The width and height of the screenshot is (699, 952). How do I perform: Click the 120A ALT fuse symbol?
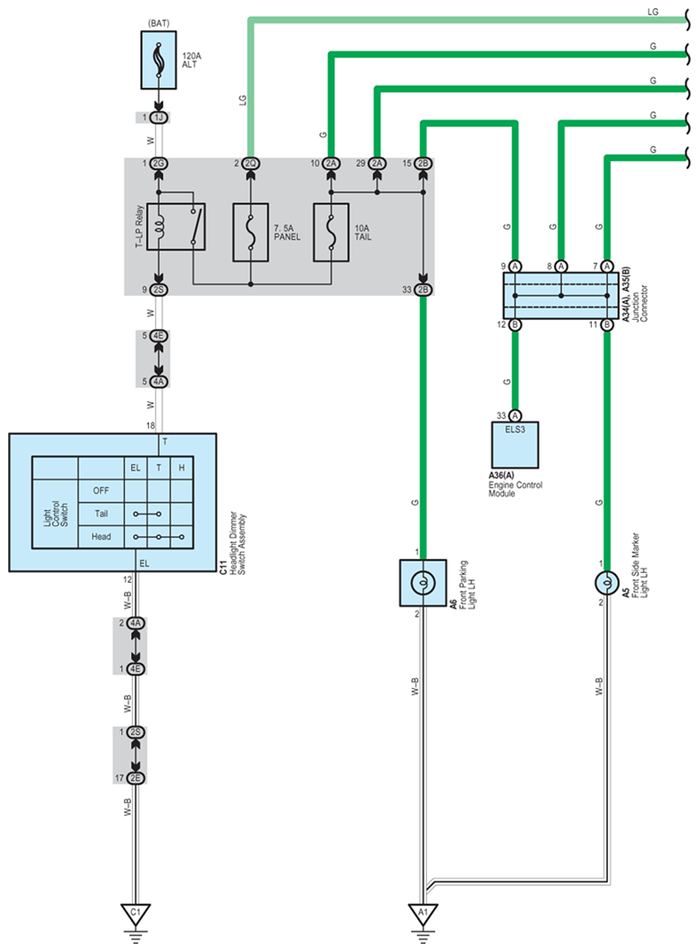[159, 60]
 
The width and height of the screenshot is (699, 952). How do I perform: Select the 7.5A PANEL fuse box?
[251, 233]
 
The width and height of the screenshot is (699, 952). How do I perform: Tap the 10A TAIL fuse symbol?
[331, 233]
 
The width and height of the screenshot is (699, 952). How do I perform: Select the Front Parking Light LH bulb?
[423, 583]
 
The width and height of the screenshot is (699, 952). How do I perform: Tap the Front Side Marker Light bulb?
[606, 583]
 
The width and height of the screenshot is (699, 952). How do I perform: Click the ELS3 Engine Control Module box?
[515, 445]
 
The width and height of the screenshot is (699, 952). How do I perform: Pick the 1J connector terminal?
[159, 117]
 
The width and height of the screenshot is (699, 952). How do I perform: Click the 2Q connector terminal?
[251, 163]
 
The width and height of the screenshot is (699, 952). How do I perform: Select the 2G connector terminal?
[159, 163]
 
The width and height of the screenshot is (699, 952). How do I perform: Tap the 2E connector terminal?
[136, 778]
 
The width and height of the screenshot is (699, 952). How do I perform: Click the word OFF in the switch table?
[101, 490]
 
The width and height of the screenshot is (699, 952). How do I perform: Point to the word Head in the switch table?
[101, 537]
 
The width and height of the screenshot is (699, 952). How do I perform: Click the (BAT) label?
[159, 23]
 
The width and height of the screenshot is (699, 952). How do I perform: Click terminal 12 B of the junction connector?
[515, 324]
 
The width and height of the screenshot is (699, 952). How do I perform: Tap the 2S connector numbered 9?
[159, 290]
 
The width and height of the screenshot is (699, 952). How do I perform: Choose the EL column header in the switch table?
[136, 467]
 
